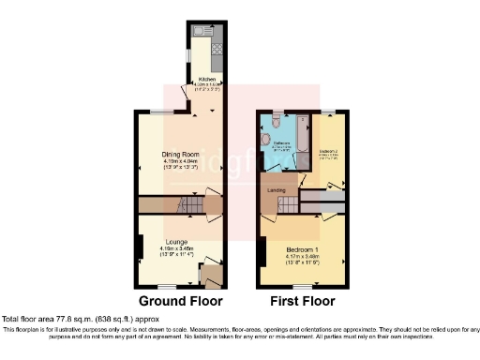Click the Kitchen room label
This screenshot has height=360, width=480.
[205, 80]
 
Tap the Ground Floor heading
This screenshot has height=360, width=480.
[181, 302]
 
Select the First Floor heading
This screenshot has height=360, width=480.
[301, 302]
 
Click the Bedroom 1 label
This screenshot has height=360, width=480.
[303, 247]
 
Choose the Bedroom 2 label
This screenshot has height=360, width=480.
[329, 150]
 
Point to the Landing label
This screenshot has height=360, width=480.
[277, 190]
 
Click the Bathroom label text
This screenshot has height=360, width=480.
[284, 143]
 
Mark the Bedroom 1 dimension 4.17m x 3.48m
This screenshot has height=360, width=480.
[303, 256]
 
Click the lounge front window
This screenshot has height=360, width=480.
[169, 285]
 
